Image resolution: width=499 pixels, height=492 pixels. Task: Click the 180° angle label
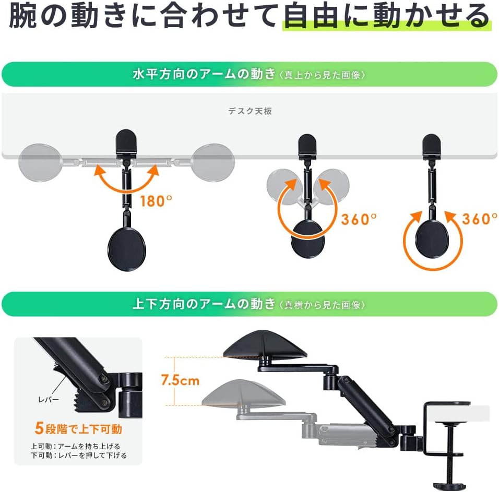(x=156, y=201)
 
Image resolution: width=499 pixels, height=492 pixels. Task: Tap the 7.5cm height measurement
(x=180, y=380)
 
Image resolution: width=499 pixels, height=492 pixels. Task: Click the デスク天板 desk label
(x=249, y=111)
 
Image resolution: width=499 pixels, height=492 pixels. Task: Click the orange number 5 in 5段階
(x=39, y=429)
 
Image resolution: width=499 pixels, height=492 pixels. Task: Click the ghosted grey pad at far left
(x=40, y=163)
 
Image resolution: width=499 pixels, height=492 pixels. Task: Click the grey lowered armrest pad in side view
(x=246, y=394)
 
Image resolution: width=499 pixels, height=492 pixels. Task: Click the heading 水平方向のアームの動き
(x=204, y=74)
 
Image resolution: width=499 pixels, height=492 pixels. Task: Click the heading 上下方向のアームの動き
(x=204, y=304)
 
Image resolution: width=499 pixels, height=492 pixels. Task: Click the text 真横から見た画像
(x=322, y=305)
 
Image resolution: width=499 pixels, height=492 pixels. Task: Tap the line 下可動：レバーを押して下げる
(x=78, y=455)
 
